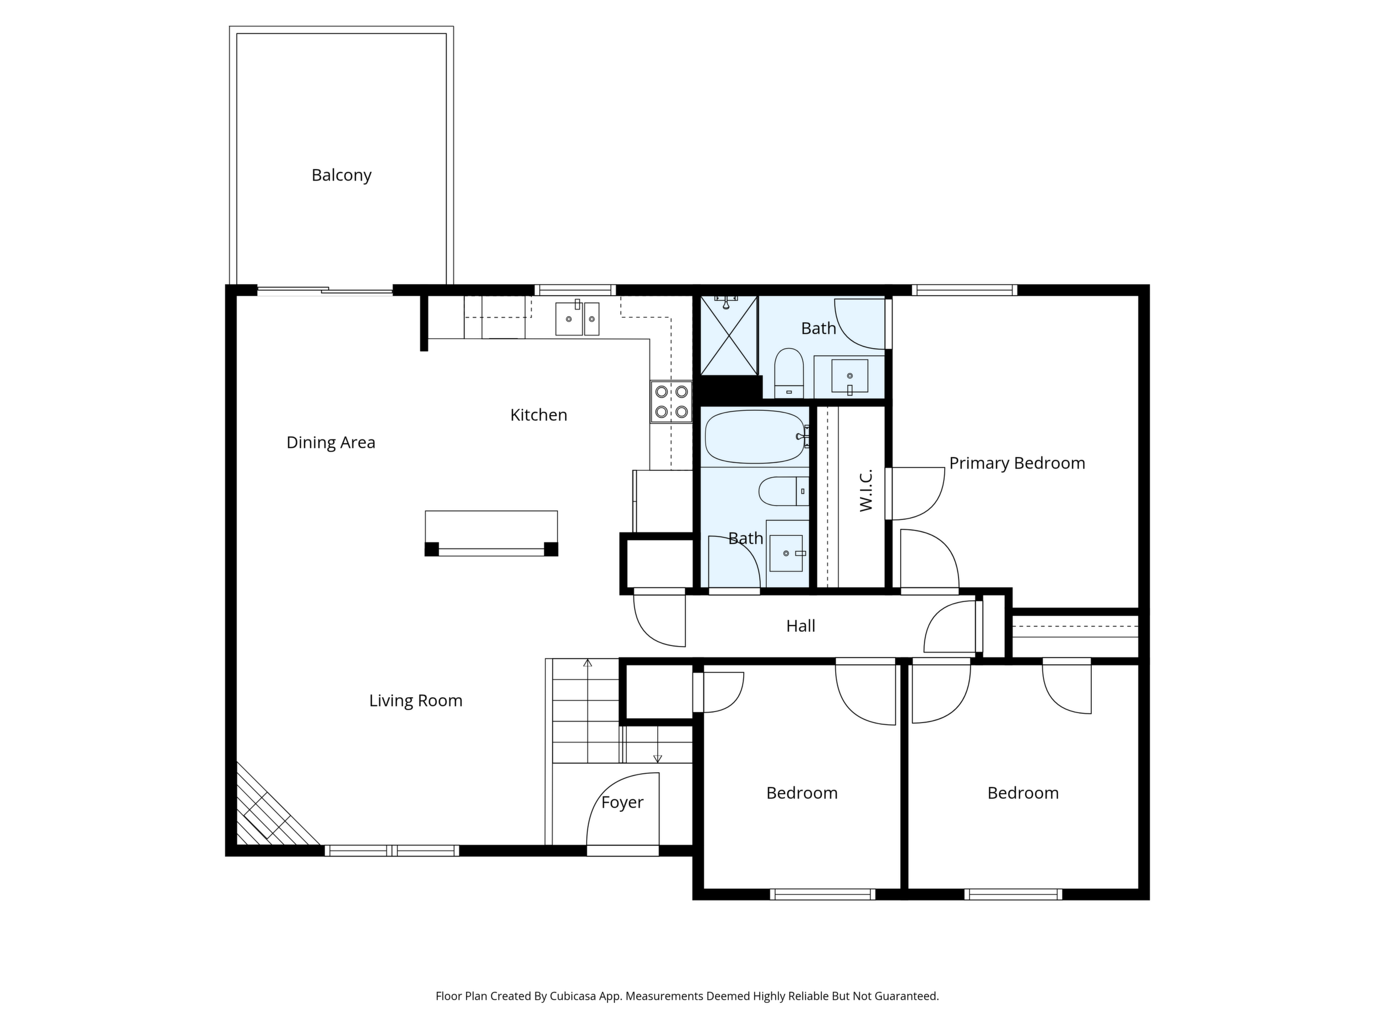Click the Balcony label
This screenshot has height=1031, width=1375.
(341, 175)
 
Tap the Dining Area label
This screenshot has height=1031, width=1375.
(331, 442)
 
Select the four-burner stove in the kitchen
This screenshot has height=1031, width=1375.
(672, 401)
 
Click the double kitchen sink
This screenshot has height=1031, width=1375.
(577, 318)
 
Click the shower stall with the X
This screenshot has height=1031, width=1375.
(729, 335)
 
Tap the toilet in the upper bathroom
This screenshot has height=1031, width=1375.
(789, 373)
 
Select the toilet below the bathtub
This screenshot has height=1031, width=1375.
(784, 491)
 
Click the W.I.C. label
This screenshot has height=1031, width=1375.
(866, 490)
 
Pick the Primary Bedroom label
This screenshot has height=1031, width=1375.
(1017, 463)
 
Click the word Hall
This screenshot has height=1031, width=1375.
(800, 626)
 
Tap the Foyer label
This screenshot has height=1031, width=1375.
(622, 802)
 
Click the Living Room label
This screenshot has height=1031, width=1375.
(416, 701)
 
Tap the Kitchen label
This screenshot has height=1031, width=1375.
(538, 415)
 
